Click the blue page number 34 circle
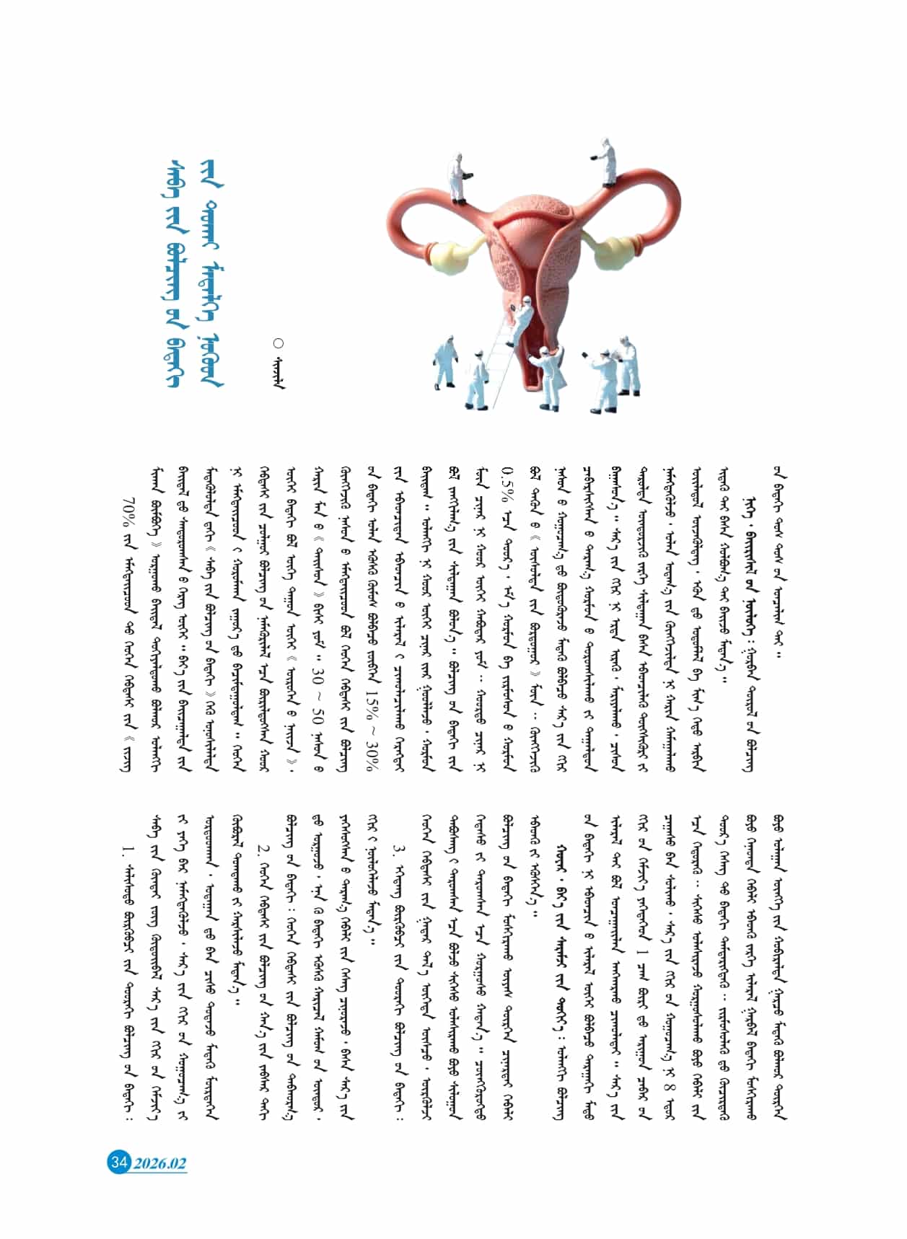pyautogui.click(x=118, y=1162)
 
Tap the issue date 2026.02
pyautogui.click(x=159, y=1163)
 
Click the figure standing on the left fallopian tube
pyautogui.click(x=457, y=177)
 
